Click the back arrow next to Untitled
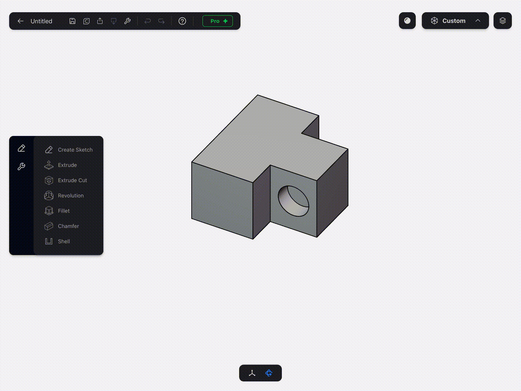click(21, 21)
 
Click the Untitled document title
click(41, 21)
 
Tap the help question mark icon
click(182, 21)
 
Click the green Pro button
click(217, 21)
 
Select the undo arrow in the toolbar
click(148, 21)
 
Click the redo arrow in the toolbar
click(161, 21)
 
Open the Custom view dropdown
click(455, 21)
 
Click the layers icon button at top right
click(502, 21)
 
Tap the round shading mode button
click(407, 21)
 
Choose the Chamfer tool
click(69, 226)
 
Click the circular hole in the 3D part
click(293, 201)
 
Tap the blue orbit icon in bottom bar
click(269, 373)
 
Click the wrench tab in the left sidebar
click(21, 166)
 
